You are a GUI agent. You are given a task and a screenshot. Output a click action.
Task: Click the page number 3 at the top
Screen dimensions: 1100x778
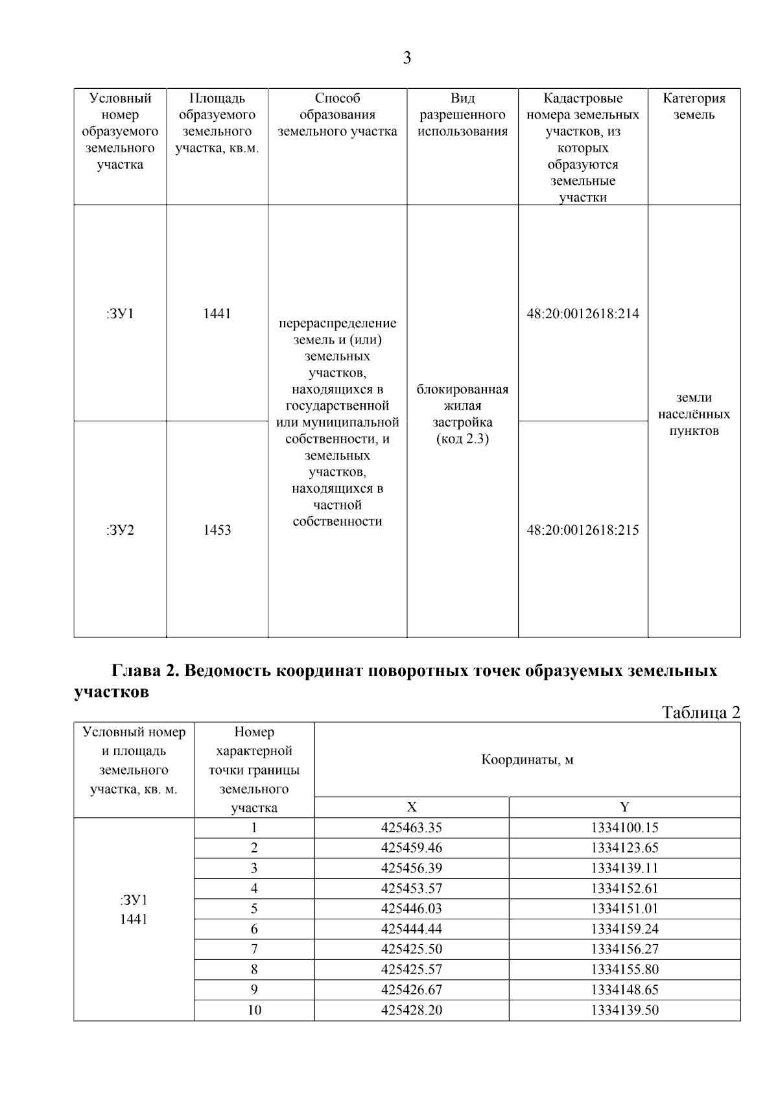pos(407,58)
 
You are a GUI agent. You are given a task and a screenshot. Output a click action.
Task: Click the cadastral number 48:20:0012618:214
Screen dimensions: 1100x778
pos(582,314)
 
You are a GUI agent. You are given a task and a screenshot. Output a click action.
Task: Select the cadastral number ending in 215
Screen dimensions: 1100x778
pos(582,530)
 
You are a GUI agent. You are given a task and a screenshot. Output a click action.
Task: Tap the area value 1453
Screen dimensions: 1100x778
pos(217,530)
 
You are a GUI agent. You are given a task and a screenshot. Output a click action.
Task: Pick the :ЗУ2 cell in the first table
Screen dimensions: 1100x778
pos(120,530)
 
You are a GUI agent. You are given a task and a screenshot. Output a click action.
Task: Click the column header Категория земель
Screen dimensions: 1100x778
pos(694,106)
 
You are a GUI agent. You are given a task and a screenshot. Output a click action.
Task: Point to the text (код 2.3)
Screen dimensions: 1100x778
pos(462,439)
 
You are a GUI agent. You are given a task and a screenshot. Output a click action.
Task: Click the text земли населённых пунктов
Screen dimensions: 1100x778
pos(694,414)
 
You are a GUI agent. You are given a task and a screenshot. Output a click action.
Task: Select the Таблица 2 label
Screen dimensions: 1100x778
pos(700,712)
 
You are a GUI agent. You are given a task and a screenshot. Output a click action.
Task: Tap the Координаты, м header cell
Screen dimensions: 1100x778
pos(526,760)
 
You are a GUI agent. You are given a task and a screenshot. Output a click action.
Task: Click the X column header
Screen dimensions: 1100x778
pos(411,807)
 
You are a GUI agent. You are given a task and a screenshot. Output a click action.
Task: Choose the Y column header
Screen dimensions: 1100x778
pos(624,807)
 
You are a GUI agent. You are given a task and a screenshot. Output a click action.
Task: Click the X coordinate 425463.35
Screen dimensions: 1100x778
pos(411,828)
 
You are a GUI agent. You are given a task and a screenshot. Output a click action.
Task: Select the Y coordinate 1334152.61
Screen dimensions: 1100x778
pos(624,889)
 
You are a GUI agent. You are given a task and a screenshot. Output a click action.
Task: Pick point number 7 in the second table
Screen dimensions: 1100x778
pos(254,950)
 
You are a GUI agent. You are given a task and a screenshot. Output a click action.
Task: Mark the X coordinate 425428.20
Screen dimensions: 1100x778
pos(411,1011)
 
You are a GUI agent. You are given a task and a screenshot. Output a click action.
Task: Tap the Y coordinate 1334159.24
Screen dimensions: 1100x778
pos(624,929)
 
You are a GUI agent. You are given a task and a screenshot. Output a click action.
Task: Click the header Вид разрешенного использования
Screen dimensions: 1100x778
pos(462,115)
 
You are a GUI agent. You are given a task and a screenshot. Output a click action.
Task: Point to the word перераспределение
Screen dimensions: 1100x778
pos(337,323)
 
